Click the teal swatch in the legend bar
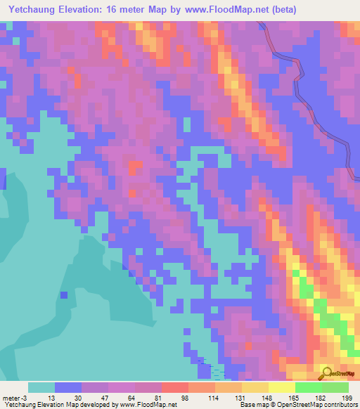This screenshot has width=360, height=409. (41, 387)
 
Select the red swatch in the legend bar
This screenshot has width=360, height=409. (174, 387)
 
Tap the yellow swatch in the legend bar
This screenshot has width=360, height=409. (281, 387)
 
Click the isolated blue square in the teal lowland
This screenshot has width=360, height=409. (64, 295)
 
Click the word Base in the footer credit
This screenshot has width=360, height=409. (247, 405)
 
